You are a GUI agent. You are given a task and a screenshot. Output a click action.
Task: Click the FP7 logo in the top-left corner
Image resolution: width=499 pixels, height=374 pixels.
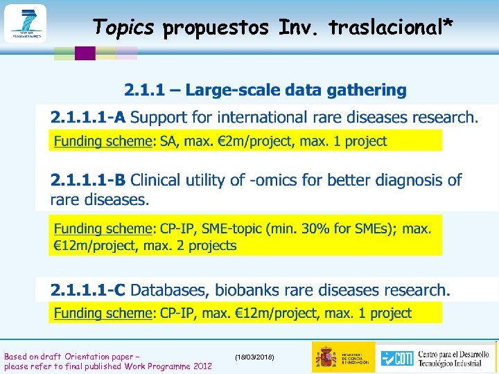pyautogui.click(x=25, y=24)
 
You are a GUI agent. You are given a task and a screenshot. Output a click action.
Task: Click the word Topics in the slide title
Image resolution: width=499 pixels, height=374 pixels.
pyautogui.click(x=123, y=27)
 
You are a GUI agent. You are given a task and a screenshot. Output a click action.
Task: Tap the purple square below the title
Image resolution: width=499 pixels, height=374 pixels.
pyautogui.click(x=85, y=53)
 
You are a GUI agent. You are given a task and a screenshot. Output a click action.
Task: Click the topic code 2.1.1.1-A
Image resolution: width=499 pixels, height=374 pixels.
pyautogui.click(x=87, y=117)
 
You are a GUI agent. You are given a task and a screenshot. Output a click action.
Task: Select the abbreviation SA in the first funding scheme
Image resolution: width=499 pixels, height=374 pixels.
pyautogui.click(x=168, y=141)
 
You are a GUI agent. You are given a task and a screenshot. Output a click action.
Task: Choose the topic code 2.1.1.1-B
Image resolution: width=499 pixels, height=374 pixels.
pyautogui.click(x=87, y=181)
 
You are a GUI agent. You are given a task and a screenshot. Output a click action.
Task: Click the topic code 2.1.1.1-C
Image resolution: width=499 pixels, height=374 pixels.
pyautogui.click(x=87, y=290)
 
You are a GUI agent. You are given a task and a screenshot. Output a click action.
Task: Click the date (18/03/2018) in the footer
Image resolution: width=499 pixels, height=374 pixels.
pyautogui.click(x=254, y=357)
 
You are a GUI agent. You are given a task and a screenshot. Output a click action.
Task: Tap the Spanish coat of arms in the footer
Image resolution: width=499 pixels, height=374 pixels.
pyautogui.click(x=326, y=357)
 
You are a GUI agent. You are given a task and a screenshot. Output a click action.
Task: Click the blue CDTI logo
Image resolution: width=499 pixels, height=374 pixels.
pyautogui.click(x=397, y=357)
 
